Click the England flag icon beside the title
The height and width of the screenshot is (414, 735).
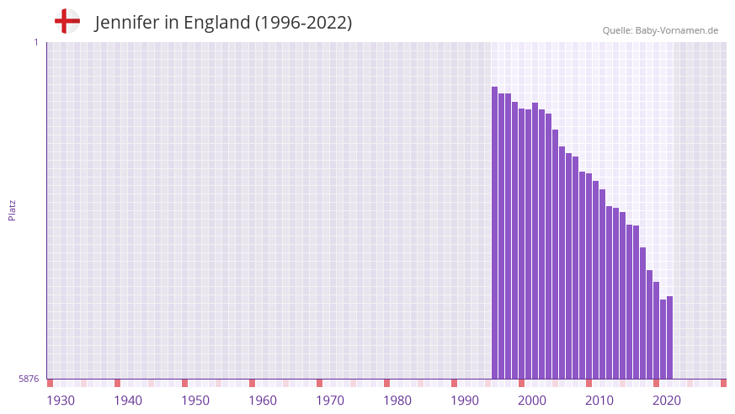coord(67,21)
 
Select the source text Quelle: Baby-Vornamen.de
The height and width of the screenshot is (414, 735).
coord(660,30)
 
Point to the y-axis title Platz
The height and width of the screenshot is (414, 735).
coord(12,210)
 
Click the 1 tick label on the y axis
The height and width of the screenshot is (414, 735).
coord(35,42)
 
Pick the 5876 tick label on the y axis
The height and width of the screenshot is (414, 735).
coord(29,379)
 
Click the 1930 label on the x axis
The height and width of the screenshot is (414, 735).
coord(61,400)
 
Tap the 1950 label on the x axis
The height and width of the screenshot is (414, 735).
coord(195,400)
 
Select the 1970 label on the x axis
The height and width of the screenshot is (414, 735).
coord(330,400)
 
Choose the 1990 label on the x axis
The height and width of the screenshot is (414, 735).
coord(465,400)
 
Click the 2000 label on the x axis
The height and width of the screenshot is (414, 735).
coord(532,400)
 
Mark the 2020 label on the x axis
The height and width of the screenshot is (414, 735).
coord(667,400)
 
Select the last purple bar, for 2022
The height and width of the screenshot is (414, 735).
coord(670,337)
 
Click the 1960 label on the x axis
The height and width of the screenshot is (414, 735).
coord(263,400)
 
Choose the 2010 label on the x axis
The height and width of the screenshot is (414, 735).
coord(599,400)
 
